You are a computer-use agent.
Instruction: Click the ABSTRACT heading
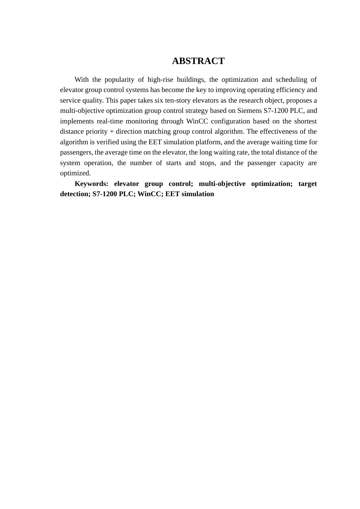tap(198, 61)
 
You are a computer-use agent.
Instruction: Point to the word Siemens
tap(249, 111)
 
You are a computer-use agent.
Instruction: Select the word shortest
tap(305, 121)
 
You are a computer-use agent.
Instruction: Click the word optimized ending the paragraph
tap(75, 173)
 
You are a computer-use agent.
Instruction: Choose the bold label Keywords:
tap(91, 184)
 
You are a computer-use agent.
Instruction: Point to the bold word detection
tap(75, 194)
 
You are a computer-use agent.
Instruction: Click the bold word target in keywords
tap(307, 184)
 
